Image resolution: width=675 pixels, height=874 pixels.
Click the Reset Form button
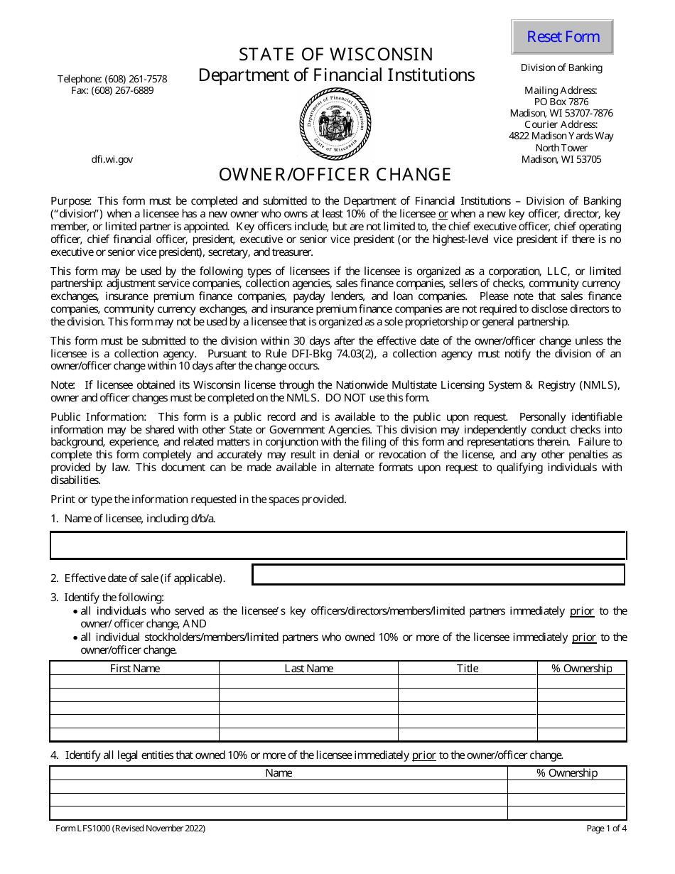click(x=562, y=37)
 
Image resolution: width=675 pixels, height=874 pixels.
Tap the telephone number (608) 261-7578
click(x=112, y=79)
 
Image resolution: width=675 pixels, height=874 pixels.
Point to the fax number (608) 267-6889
click(x=112, y=90)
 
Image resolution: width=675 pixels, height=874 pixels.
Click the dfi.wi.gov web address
click(x=112, y=159)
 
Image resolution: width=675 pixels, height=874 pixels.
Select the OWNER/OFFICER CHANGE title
click(x=335, y=175)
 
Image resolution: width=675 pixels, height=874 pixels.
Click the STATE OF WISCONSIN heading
click(x=335, y=55)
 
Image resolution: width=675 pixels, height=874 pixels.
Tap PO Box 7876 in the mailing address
click(x=561, y=102)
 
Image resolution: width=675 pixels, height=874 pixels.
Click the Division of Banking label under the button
click(x=561, y=68)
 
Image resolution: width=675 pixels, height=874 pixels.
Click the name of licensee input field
click(x=337, y=546)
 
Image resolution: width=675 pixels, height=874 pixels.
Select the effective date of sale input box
click(x=438, y=574)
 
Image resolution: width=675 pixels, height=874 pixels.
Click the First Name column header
click(x=135, y=668)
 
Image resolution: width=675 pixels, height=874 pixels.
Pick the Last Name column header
click(x=308, y=668)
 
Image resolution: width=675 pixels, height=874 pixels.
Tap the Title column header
click(x=468, y=668)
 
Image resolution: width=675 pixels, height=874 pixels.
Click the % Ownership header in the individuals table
click(x=582, y=668)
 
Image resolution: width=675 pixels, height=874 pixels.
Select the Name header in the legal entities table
click(x=279, y=773)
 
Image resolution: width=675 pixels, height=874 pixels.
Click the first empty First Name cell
click(x=135, y=681)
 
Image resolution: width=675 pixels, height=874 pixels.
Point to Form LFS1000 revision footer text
click(x=131, y=828)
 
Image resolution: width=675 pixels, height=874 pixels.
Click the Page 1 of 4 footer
click(x=606, y=828)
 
